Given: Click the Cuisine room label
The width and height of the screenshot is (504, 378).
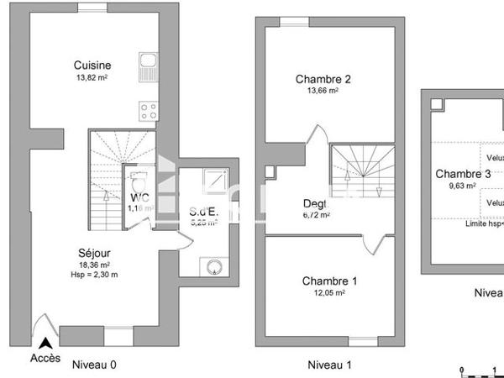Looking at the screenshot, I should point(92,66).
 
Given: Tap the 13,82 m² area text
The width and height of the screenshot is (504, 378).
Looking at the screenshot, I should point(92,77).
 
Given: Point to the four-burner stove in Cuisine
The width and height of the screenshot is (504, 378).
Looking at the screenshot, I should point(149,110).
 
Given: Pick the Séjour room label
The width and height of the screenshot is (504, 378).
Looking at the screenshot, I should point(95,253).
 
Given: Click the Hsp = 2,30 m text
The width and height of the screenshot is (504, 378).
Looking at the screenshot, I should point(93,274).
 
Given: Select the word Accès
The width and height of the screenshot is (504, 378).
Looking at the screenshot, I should point(45,358).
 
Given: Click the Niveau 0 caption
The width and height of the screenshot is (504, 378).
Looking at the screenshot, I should point(95,365).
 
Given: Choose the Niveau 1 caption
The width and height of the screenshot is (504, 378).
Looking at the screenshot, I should point(329,365).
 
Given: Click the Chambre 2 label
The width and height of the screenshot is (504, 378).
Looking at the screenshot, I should point(323,80).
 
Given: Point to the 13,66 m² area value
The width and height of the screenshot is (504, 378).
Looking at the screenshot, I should point(323,92).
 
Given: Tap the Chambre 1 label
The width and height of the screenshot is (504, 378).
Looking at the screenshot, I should point(323,281).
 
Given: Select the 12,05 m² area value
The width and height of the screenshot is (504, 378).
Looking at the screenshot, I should point(323,292).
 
